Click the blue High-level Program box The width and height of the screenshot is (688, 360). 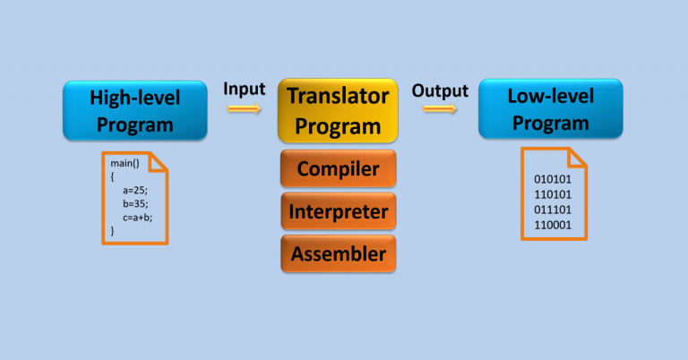(x=134, y=110)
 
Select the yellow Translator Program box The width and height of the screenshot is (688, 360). (x=338, y=110)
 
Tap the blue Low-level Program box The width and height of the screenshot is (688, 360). (x=549, y=108)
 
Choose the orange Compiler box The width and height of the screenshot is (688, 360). (x=338, y=169)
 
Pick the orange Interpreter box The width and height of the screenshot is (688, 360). (x=338, y=211)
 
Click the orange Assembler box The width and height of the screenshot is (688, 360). (x=338, y=253)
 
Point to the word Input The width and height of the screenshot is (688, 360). (x=244, y=89)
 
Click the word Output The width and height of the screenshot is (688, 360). (x=440, y=90)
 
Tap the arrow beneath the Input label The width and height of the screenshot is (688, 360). (x=244, y=108)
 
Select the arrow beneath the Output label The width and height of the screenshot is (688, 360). (x=440, y=108)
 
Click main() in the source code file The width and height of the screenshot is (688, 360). (x=125, y=164)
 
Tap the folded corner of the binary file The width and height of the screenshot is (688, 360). (x=576, y=158)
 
